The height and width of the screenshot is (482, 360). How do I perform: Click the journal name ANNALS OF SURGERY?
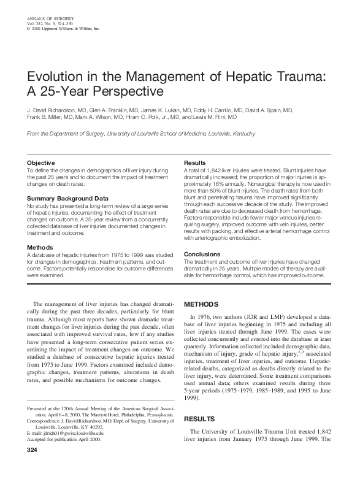(x=50, y=20)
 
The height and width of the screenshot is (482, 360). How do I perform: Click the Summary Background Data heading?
(x=68, y=198)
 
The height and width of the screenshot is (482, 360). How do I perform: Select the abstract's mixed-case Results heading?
(x=195, y=163)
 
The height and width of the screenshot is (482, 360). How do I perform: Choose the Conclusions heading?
(x=202, y=253)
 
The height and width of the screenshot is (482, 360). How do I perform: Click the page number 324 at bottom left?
(x=33, y=451)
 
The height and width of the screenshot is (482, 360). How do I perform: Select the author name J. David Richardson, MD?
(x=57, y=109)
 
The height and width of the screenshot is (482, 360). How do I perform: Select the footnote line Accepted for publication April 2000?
(x=64, y=438)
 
